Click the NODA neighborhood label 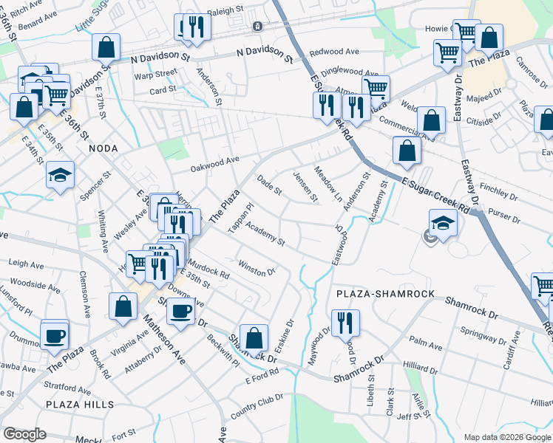(x=104, y=148)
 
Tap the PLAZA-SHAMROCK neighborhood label (x=384, y=294)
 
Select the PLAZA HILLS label (x=80, y=405)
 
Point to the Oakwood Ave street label (x=214, y=160)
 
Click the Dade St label (x=269, y=185)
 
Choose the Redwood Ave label (x=334, y=52)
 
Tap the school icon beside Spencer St (x=60, y=175)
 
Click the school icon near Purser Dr (x=443, y=222)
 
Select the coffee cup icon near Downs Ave (x=180, y=311)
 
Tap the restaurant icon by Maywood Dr (x=345, y=323)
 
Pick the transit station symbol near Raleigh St (x=257, y=27)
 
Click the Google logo (x=24, y=433)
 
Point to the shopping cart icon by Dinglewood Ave (x=376, y=89)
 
